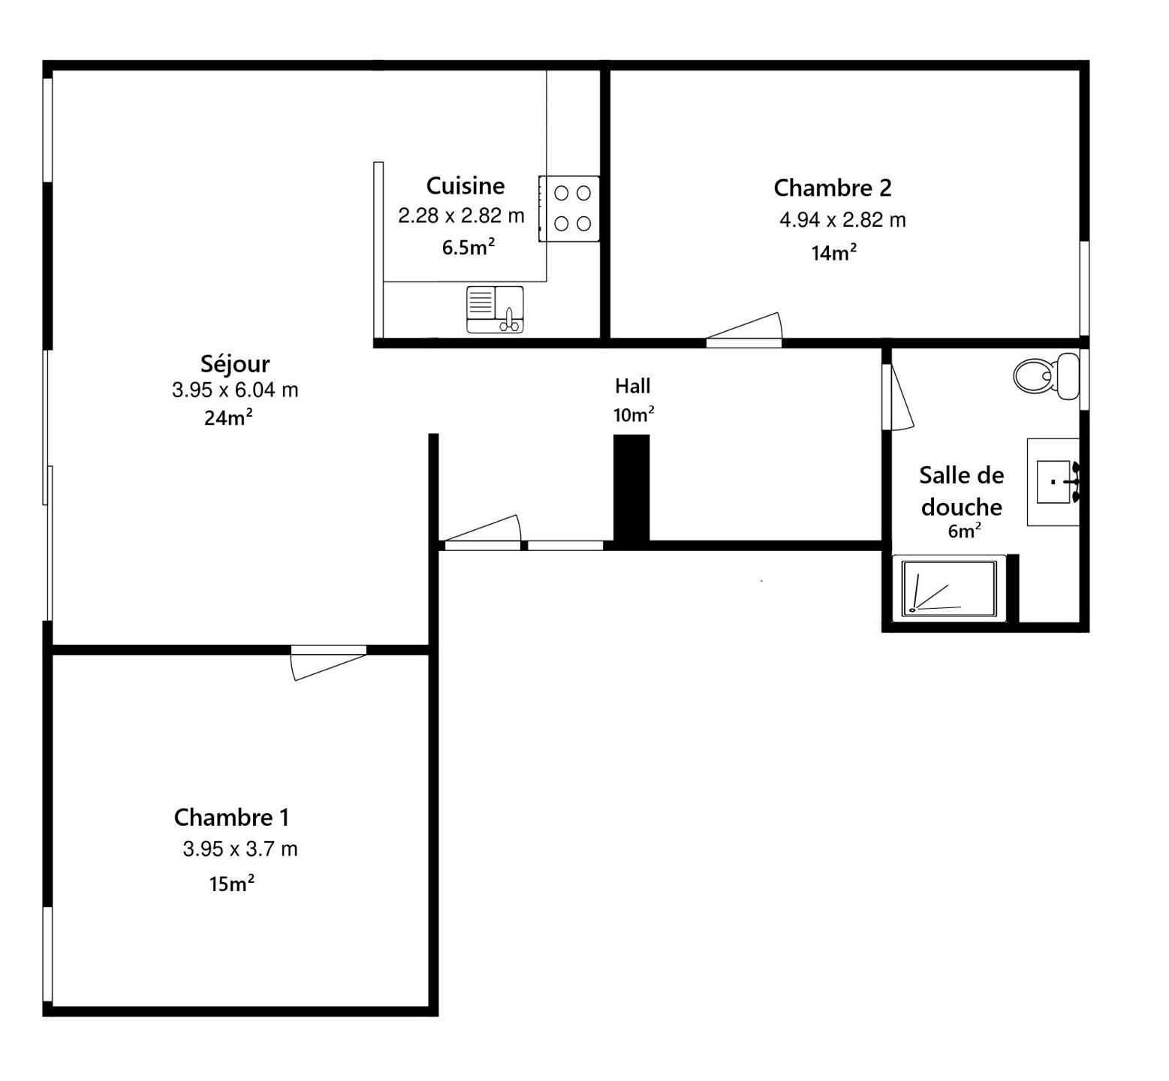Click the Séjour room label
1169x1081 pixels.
tap(235, 364)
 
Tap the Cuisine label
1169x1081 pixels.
tap(465, 185)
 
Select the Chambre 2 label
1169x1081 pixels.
tap(833, 188)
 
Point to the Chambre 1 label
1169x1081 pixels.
tap(231, 817)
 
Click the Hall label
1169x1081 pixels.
tap(633, 387)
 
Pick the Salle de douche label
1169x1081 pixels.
tap(962, 491)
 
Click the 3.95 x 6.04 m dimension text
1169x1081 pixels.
tap(235, 390)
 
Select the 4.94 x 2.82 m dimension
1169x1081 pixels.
tap(842, 220)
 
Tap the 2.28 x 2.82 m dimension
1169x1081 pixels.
tap(461, 216)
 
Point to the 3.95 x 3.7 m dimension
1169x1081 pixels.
tap(240, 849)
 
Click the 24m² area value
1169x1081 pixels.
tap(228, 417)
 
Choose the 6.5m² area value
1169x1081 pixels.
tap(469, 247)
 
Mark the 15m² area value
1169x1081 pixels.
tap(231, 884)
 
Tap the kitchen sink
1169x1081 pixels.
tap(495, 309)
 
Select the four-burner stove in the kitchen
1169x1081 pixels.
tap(569, 209)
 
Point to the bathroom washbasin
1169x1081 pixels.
tap(1053, 482)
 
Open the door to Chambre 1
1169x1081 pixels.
tap(329, 662)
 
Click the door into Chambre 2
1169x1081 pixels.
tap(744, 330)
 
